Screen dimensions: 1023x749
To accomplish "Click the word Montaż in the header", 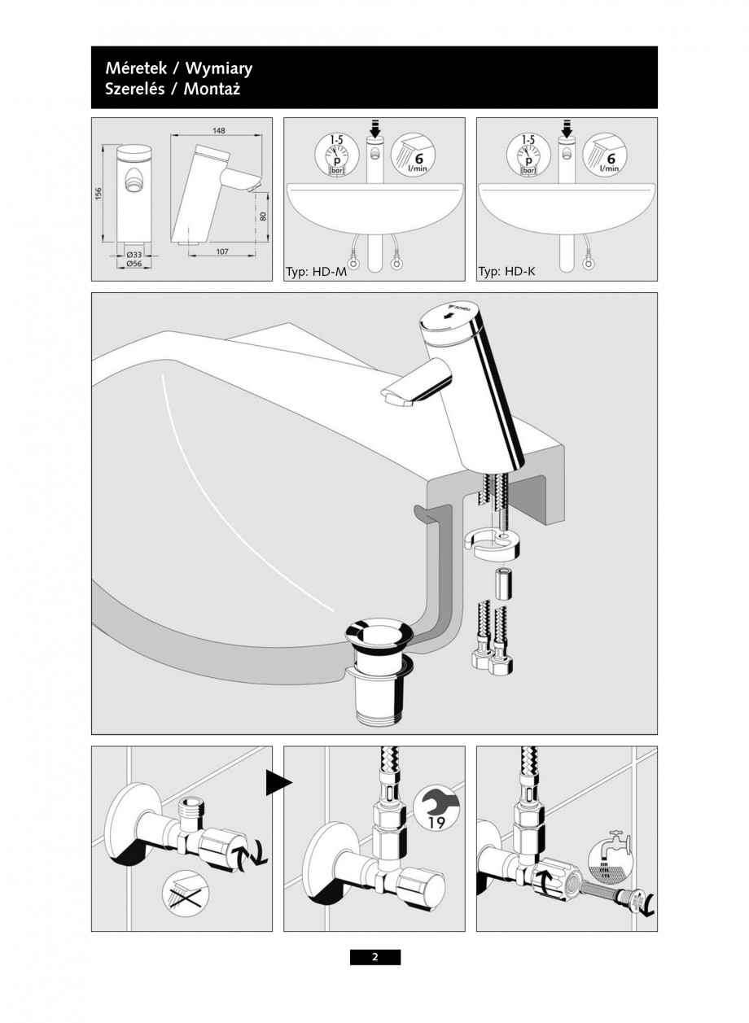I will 212,88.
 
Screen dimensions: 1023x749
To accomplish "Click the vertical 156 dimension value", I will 98,195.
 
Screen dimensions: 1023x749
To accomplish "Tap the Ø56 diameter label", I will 134,264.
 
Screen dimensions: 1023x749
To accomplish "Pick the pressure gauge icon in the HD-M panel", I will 335,155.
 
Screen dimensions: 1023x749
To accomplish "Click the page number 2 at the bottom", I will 374,957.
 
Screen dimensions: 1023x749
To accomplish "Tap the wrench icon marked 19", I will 436,808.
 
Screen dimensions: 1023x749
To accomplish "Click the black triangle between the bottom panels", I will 277,783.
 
